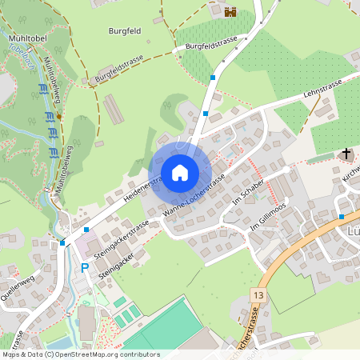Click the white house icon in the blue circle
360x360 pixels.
pos(180,173)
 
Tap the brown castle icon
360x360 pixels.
pos(230,12)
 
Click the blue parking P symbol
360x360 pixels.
pos(85,267)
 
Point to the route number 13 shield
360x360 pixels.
pos(256,295)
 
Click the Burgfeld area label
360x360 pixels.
pos(125,31)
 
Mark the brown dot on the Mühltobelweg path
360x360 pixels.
pos(58,117)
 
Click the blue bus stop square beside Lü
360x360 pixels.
pos(341,216)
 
